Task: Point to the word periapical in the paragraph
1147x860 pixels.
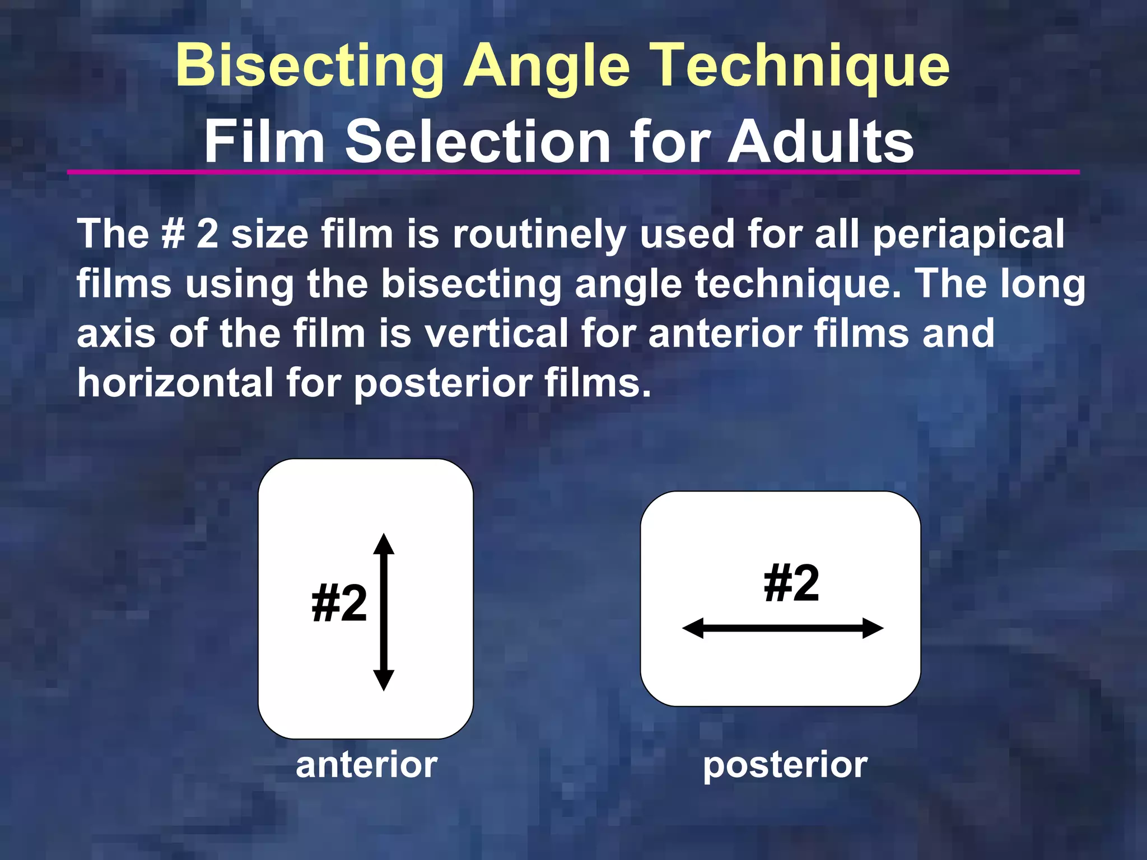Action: [x=968, y=235]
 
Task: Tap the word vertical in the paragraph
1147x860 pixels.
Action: [x=496, y=334]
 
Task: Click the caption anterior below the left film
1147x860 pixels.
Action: [x=366, y=765]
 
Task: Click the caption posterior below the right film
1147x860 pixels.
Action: [x=785, y=765]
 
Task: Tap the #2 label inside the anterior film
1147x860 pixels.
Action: [x=339, y=603]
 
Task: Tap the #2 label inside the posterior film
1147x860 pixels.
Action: [x=791, y=583]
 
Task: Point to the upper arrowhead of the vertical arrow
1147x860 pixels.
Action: [x=384, y=544]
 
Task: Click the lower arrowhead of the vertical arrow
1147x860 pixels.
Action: [x=384, y=680]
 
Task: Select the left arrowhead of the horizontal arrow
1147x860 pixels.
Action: [x=693, y=628]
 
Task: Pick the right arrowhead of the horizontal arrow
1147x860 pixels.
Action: [x=873, y=628]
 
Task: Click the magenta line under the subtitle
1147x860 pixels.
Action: [x=573, y=172]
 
